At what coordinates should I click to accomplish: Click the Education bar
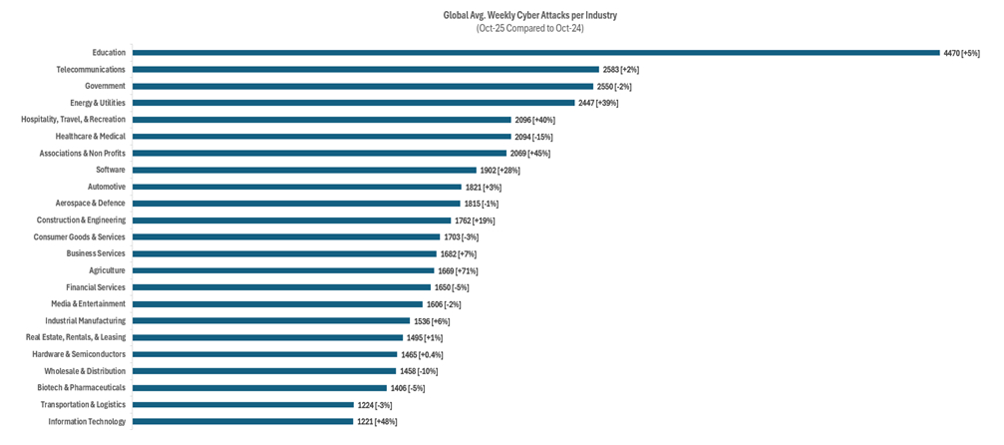535,53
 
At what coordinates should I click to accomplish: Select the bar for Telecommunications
365,70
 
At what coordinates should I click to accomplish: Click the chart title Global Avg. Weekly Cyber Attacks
529,16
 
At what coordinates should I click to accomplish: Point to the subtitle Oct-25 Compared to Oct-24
529,29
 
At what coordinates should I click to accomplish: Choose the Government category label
105,86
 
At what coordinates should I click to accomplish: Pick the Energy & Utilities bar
353,103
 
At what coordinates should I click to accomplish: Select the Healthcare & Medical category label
85,137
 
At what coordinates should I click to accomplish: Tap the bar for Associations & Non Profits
319,154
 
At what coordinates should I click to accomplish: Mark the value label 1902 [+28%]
500,171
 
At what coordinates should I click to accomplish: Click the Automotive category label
107,187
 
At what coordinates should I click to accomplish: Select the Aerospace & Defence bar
296,204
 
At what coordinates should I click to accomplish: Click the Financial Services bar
281,287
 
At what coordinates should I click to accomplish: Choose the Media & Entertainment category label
89,304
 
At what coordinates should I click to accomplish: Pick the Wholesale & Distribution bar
264,371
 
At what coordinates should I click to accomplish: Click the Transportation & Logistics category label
83,404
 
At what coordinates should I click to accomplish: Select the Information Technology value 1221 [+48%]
384,421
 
